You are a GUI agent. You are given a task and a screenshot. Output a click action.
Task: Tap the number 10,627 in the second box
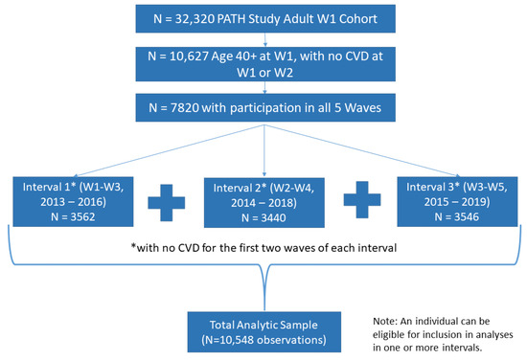point(189,56)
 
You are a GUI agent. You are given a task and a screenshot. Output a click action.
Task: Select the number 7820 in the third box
point(185,108)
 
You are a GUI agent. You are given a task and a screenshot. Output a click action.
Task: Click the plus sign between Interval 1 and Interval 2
point(167,202)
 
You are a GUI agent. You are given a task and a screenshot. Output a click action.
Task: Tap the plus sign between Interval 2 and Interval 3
point(362,200)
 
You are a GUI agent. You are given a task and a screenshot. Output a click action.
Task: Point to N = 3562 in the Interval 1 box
point(73,217)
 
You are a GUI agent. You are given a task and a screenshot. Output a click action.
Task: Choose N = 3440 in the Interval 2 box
point(263,218)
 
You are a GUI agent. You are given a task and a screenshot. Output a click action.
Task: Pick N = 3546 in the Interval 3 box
point(457,216)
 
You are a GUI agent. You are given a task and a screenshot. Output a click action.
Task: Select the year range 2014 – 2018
point(263,203)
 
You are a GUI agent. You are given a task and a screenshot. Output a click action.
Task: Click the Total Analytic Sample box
point(264,331)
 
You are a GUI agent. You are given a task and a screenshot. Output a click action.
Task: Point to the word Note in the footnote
point(384,322)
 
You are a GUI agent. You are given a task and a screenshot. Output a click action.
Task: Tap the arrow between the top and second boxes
point(265,39)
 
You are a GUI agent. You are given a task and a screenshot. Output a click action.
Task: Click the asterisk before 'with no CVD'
point(134,246)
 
